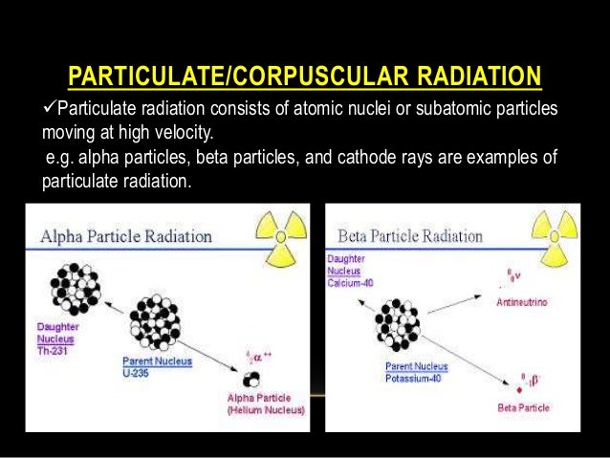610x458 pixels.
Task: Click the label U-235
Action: [x=140, y=374]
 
